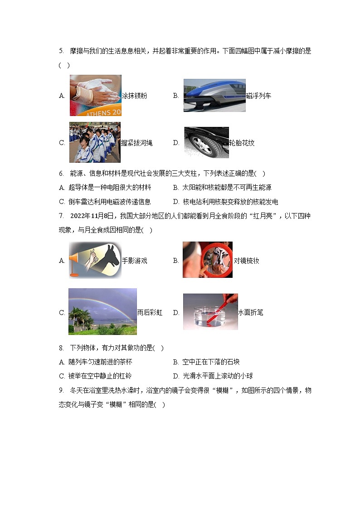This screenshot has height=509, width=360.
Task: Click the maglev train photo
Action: tap(214, 95)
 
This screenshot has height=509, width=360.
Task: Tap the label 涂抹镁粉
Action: tap(134, 96)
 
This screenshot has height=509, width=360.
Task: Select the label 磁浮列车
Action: tap(258, 96)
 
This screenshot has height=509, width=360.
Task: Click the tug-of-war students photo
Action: tap(95, 142)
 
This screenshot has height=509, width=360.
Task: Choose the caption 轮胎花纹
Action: tap(242, 143)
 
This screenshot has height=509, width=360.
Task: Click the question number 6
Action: tap(61, 174)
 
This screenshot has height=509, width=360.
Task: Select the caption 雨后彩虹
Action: tap(150, 313)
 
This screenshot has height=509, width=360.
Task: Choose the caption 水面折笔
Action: tap(251, 313)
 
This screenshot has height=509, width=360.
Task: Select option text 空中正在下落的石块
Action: tap(211, 362)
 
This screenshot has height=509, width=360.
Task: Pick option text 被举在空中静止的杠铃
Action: tap(100, 376)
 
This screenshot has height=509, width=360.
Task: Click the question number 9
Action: tap(61, 390)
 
